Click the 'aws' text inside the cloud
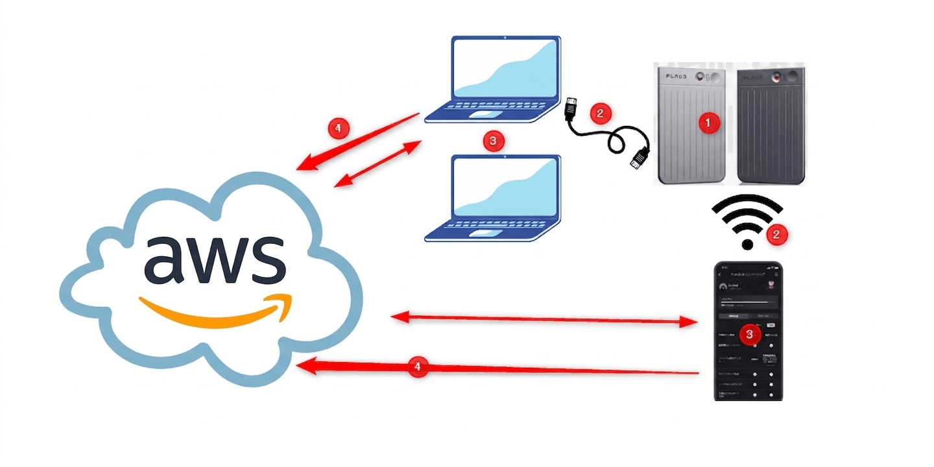pos(215,259)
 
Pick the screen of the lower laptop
pos(505,189)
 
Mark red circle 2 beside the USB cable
pos(600,112)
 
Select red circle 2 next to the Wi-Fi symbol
pos(776,235)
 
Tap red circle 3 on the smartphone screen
pos(750,334)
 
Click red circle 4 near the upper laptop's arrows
pos(337,128)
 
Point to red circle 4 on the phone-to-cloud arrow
pos(418,367)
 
